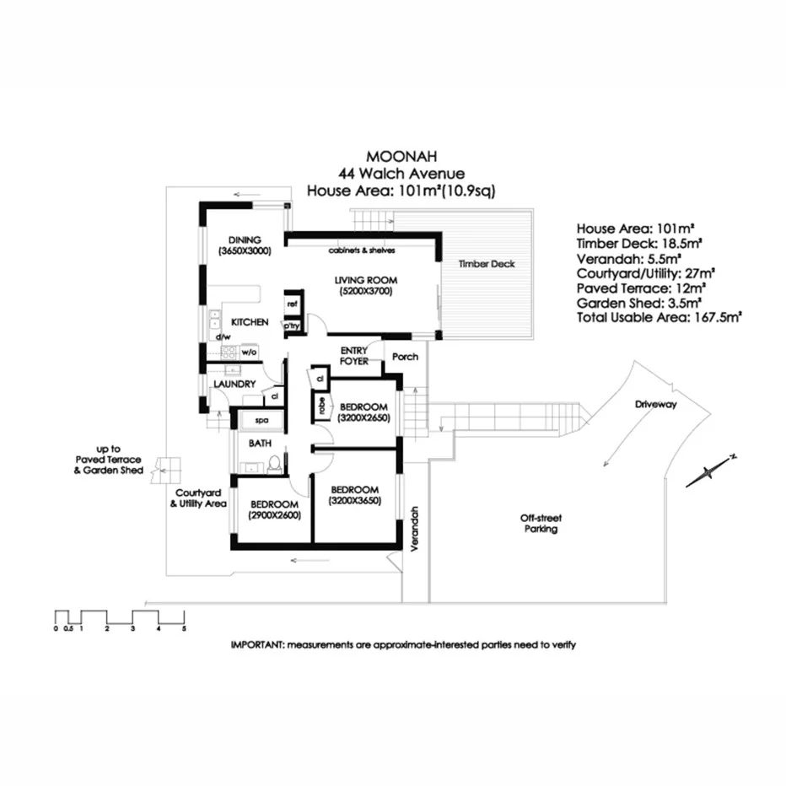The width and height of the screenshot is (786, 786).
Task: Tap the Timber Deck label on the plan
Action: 487,264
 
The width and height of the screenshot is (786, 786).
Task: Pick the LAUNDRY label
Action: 234,385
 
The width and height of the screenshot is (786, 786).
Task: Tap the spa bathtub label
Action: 251,419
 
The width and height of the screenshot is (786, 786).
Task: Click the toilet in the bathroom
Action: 273,464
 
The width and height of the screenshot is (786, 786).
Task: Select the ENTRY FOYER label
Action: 354,355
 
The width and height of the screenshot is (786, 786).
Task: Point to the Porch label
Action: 406,357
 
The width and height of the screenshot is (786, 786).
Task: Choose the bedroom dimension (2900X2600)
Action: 275,515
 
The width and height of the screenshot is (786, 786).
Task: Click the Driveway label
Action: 656,405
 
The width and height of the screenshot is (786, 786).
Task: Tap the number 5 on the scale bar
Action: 183,629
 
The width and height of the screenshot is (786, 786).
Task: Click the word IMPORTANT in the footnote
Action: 257,645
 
